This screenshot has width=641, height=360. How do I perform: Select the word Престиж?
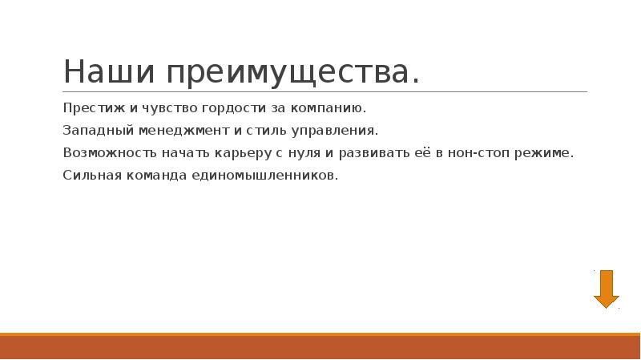tap(87, 107)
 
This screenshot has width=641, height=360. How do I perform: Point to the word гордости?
tap(224, 107)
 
